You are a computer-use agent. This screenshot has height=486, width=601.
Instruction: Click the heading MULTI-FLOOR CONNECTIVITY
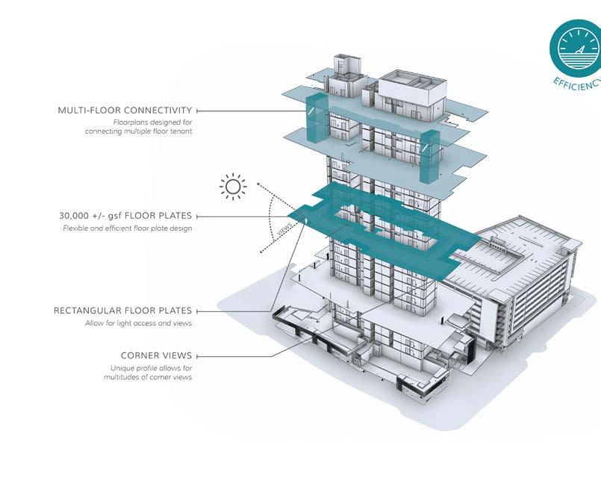(125, 110)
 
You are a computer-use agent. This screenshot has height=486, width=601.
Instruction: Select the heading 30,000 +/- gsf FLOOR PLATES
(125, 216)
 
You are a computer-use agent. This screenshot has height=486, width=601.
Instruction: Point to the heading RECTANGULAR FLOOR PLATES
(122, 311)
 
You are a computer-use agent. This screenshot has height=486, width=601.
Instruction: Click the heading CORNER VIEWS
(156, 356)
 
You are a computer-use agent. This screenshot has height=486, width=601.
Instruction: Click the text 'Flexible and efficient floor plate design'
(128, 228)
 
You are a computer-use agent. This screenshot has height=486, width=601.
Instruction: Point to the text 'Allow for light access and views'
(139, 323)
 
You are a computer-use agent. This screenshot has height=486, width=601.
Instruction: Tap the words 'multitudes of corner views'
(148, 378)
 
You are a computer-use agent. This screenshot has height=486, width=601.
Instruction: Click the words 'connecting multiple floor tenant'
(138, 131)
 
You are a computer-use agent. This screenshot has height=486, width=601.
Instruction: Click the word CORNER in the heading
(140, 356)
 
